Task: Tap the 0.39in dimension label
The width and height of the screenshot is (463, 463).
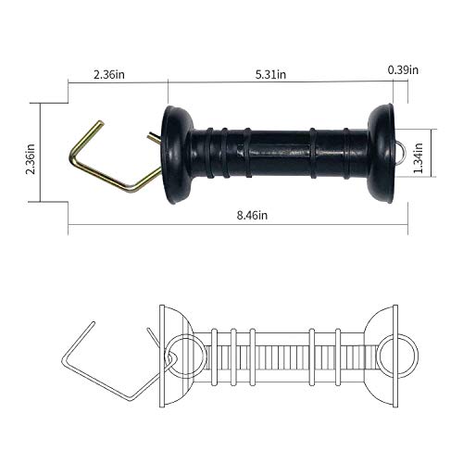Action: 403,69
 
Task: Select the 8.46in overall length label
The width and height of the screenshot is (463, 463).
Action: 250,215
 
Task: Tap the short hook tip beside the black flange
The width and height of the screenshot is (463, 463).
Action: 154,138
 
